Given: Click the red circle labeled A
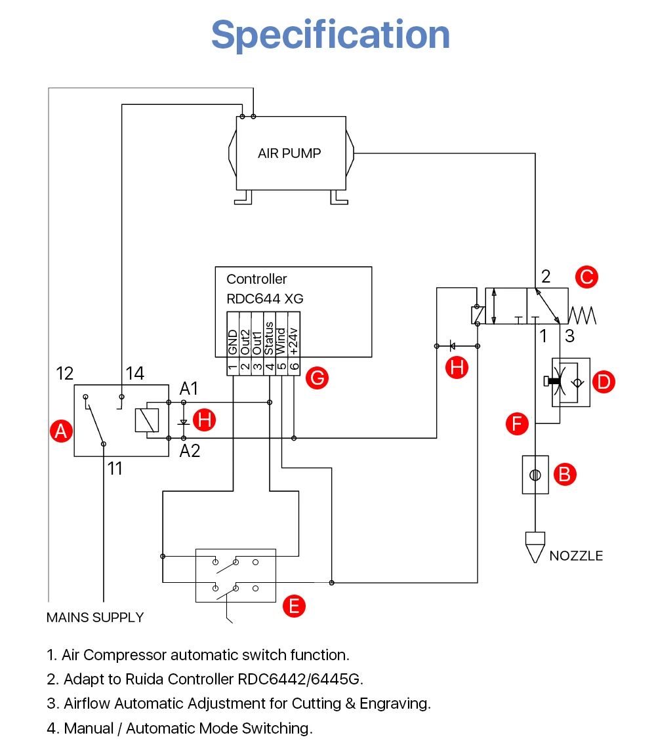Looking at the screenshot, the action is pos(62,431).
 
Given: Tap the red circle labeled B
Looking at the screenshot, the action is pos(565,474).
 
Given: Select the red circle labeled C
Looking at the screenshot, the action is pos(586,277).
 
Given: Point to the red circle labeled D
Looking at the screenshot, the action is pos(604,382).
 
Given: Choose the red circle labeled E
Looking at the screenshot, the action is pos(294,606).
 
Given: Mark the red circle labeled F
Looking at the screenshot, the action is pos(517,424).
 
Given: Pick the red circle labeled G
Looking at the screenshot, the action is pos(318,378).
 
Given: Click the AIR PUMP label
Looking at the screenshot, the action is pos(289,153).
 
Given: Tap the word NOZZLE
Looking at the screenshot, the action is pos(576,556).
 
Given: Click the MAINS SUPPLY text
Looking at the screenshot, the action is pos(95,617).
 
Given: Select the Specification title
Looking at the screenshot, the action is pos(331,35).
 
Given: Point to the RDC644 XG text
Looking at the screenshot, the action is pos(265,299).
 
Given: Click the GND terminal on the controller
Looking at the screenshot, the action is pos(233,342).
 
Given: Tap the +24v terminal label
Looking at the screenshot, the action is pos(294,342).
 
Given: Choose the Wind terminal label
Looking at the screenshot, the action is pos(281,342).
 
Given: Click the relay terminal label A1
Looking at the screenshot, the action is pos(188,389).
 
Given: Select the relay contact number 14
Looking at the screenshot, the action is pos(135,373).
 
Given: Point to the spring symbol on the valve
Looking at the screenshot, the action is pos(582,315).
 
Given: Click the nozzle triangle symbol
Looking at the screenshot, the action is pos(535,547).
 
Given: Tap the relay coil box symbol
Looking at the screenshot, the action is pos(147,420).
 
